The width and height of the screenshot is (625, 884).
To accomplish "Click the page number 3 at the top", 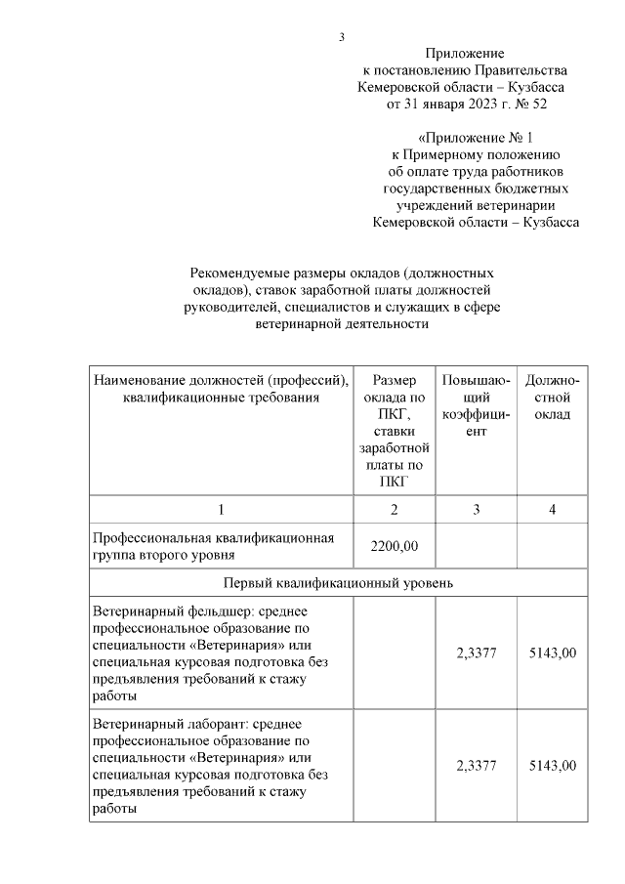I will point(342,37).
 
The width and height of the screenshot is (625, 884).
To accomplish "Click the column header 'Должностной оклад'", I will point(552,397).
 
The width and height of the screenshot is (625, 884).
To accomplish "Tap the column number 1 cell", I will point(221,509).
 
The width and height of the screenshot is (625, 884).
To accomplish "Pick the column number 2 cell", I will point(395,509).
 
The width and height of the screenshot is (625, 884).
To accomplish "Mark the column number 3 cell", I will point(476,509).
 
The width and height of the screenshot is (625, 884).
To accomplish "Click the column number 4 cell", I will point(552,509).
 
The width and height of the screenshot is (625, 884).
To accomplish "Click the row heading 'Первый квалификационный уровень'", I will point(338,583).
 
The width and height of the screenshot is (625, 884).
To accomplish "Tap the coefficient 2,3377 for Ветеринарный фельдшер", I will point(476,652).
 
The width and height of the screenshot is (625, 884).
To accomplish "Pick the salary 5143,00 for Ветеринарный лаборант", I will point(552,765).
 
